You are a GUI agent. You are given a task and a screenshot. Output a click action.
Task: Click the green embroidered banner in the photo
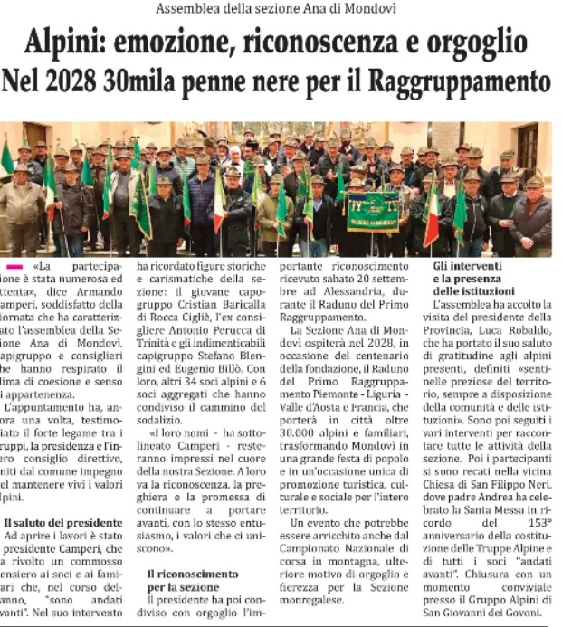(373, 212)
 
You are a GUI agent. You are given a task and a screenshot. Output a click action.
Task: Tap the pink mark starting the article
(14, 268)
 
